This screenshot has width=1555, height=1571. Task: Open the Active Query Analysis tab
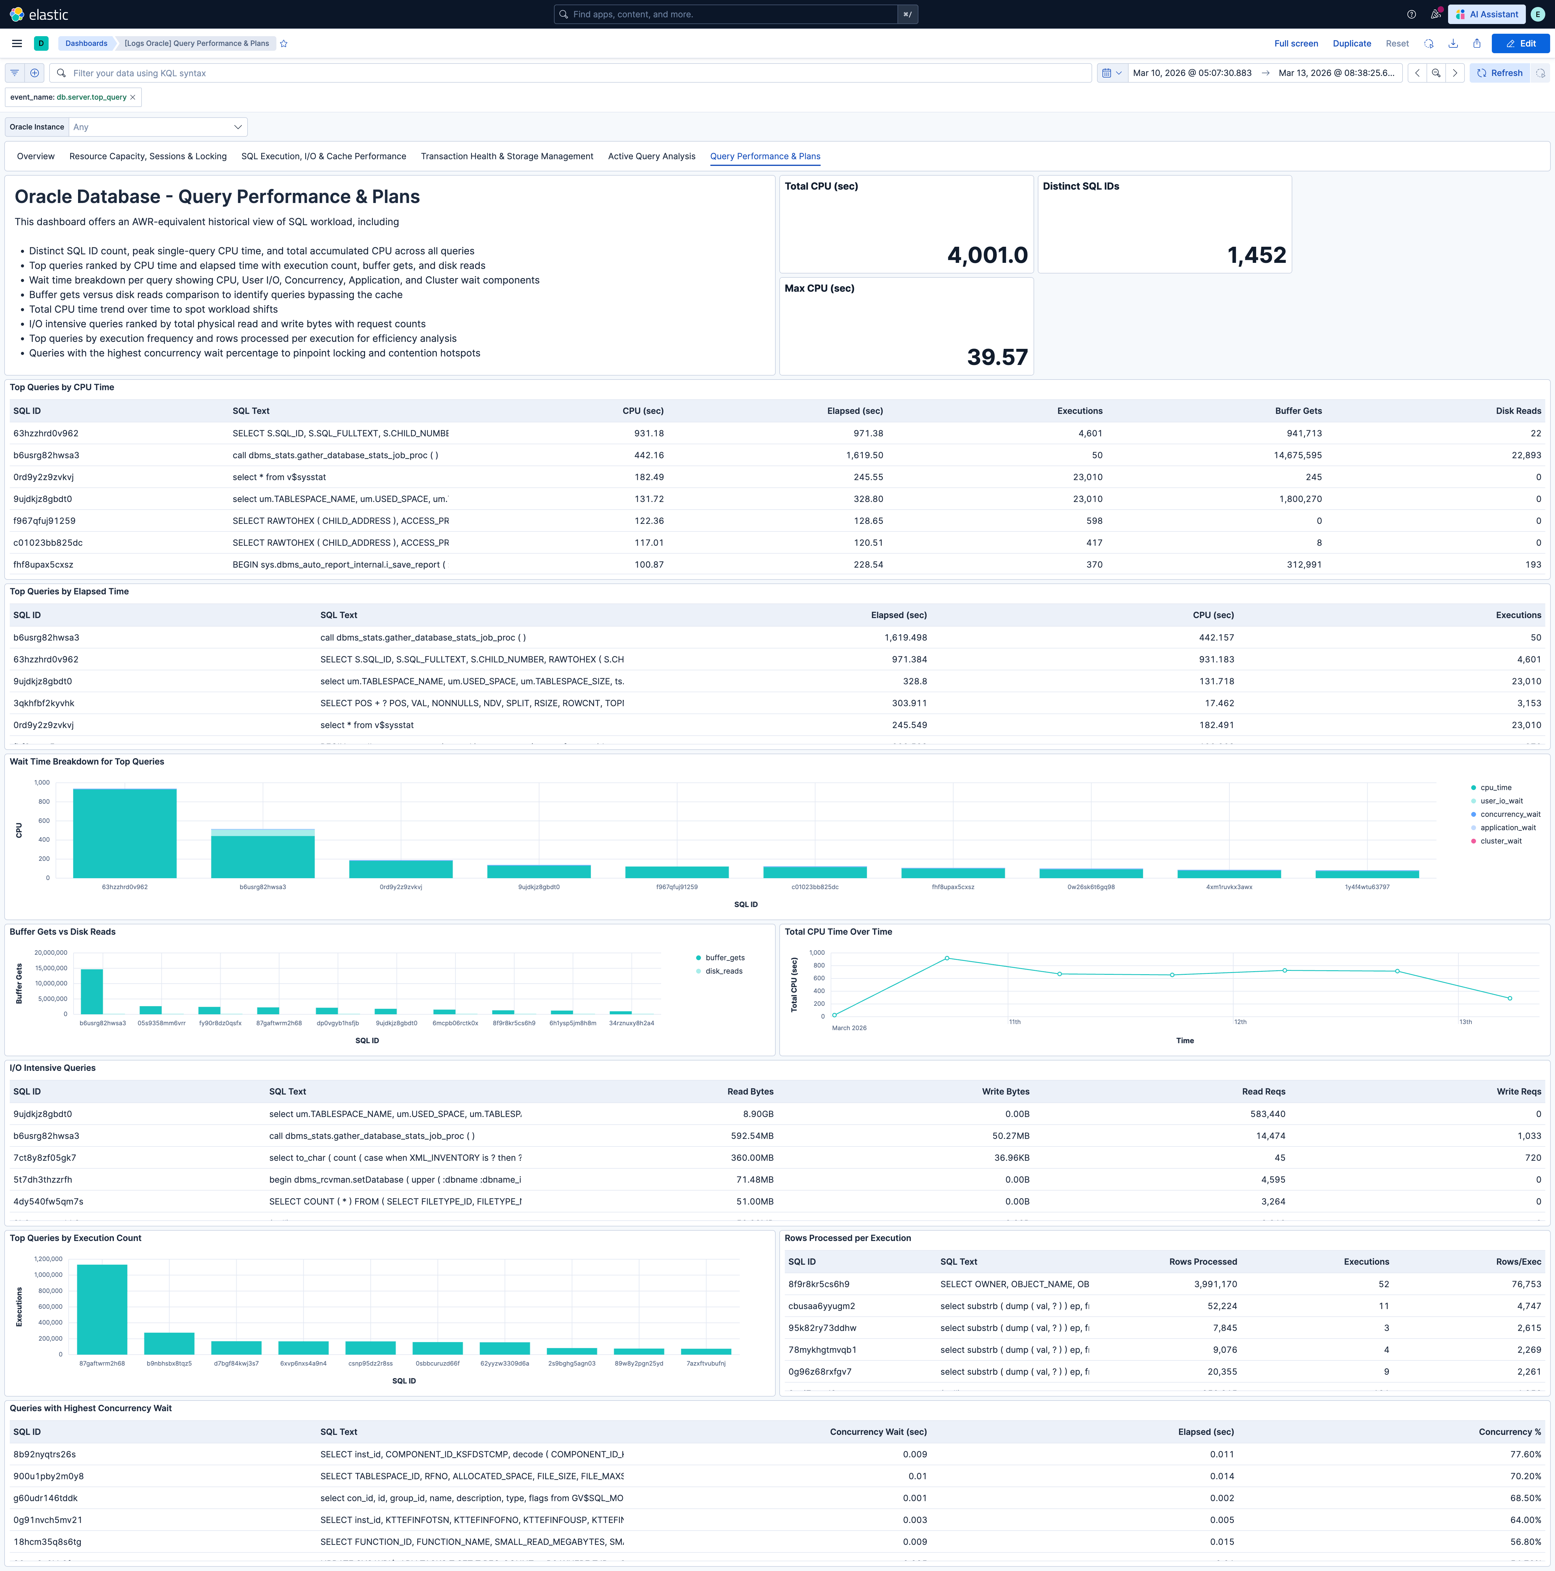pyautogui.click(x=651, y=156)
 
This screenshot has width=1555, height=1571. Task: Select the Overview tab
pyautogui.click(x=36, y=156)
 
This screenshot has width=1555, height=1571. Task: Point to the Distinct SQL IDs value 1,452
pyautogui.click(x=1256, y=255)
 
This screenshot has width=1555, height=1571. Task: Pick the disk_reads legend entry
pyautogui.click(x=723, y=971)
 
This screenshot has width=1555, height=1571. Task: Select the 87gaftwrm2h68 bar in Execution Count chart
pyautogui.click(x=102, y=1309)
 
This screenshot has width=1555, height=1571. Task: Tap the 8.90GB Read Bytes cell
pyautogui.click(x=757, y=1114)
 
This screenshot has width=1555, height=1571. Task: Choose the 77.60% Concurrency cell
pyautogui.click(x=1525, y=1454)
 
